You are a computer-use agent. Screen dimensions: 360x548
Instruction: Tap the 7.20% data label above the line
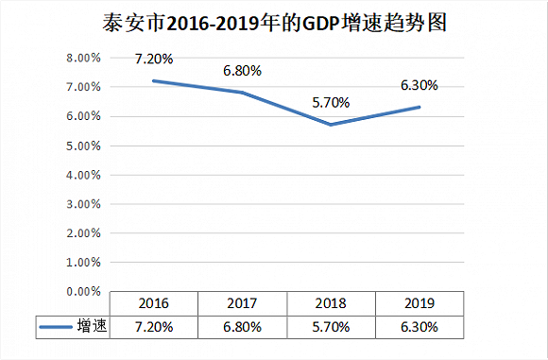[154, 59]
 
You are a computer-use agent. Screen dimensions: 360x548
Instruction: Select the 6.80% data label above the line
[243, 70]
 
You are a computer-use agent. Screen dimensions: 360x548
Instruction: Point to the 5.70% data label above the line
[332, 102]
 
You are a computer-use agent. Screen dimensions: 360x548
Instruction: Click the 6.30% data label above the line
[420, 85]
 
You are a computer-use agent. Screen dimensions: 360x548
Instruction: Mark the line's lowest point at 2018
[332, 125]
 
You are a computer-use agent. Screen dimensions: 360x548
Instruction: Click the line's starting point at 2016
[154, 80]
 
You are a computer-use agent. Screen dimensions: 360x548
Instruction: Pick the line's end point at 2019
[420, 107]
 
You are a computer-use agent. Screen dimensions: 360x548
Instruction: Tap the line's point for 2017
[243, 93]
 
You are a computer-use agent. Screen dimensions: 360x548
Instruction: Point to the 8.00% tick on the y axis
[82, 58]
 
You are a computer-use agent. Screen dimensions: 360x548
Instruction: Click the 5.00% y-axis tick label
[82, 146]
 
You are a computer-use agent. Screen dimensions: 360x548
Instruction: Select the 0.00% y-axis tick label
[82, 292]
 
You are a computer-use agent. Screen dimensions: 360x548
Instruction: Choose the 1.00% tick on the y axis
[82, 263]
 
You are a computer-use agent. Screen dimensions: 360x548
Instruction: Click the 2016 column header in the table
[154, 304]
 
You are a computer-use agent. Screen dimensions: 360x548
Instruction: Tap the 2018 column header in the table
[332, 304]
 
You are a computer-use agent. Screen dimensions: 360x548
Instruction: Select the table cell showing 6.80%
[243, 327]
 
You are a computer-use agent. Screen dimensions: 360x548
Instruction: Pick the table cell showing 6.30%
[420, 327]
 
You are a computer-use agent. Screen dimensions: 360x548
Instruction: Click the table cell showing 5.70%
[332, 327]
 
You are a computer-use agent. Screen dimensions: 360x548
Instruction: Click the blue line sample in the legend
[56, 328]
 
